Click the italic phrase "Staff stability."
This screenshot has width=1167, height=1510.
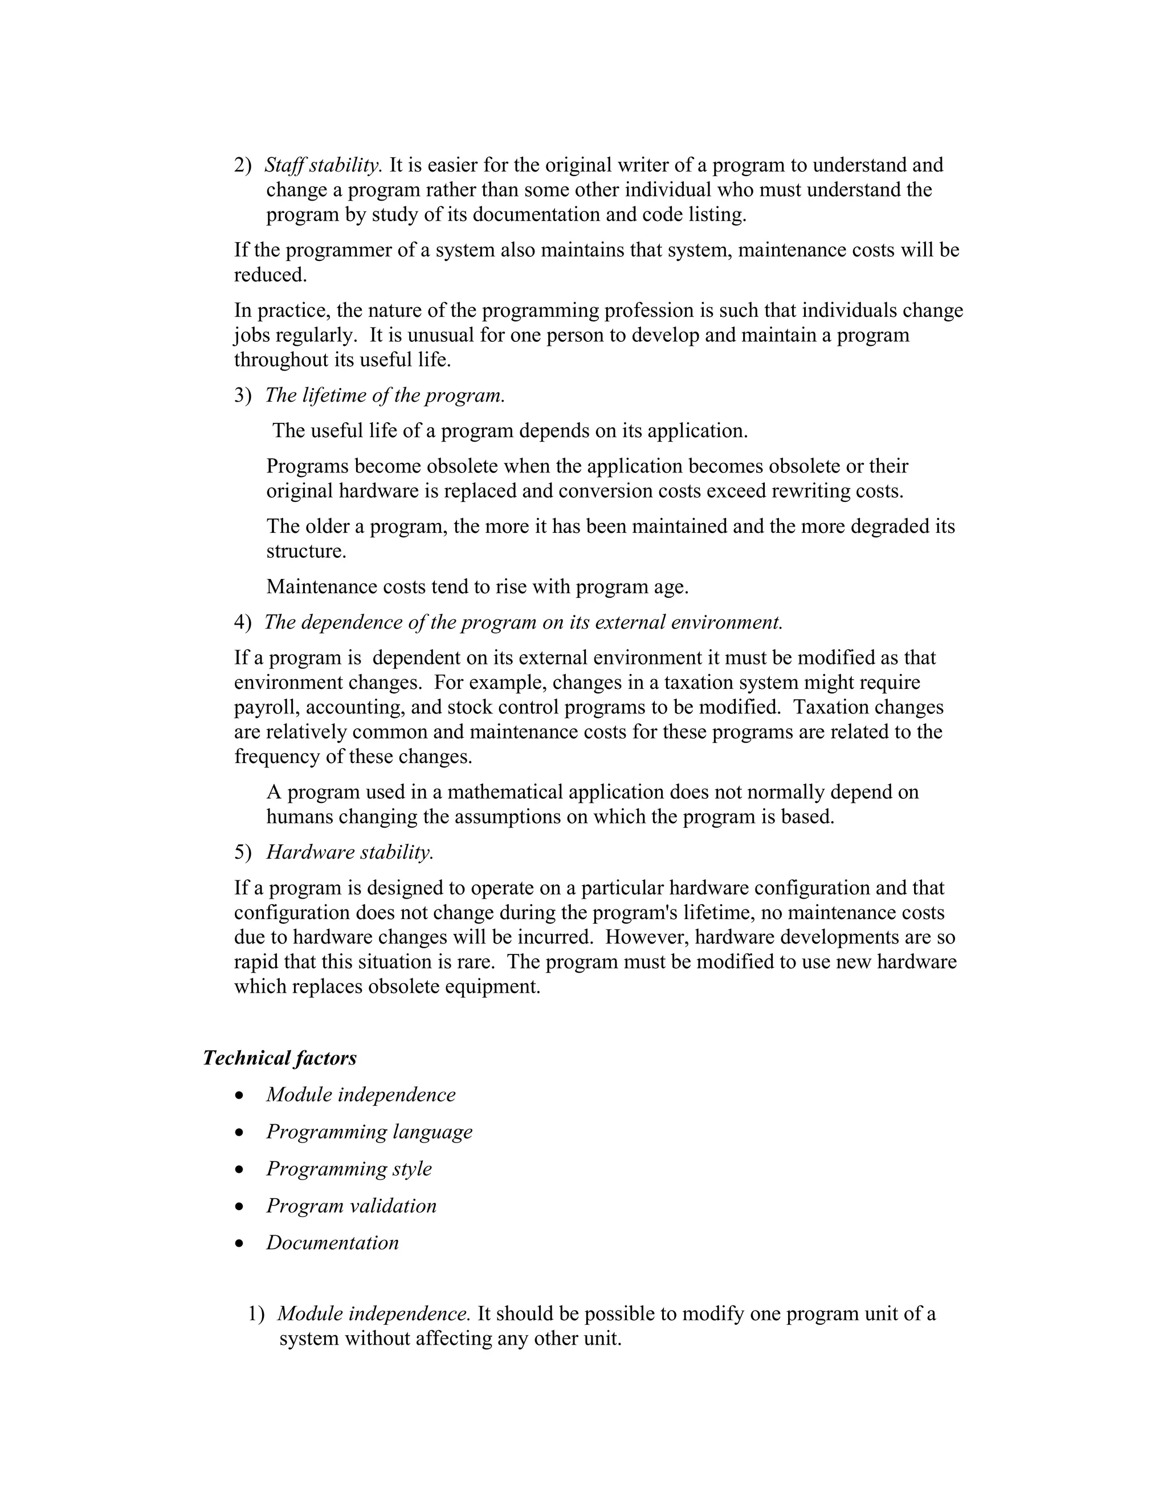[x=323, y=165]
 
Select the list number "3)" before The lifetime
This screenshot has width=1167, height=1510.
[x=243, y=395]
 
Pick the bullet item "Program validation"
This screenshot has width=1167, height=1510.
[x=351, y=1206]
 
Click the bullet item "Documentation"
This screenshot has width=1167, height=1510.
[x=333, y=1242]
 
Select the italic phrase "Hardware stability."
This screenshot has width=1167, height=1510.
[x=350, y=852]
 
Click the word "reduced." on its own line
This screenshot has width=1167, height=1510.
[x=270, y=275]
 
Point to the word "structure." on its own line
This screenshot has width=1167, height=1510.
[x=306, y=552]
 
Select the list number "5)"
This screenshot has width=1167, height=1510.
[x=243, y=852]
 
